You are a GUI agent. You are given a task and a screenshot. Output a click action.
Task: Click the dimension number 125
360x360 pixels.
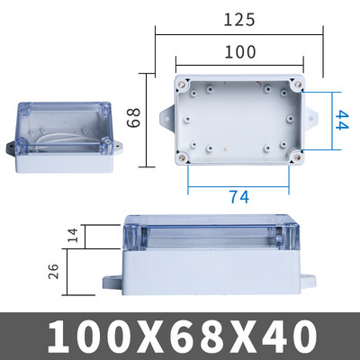[x=239, y=20]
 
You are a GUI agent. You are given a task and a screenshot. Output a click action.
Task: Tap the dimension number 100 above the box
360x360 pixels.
[x=240, y=52]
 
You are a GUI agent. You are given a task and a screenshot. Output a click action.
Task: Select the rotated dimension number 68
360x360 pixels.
[x=133, y=118]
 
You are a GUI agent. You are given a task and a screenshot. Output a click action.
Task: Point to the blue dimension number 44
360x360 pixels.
[x=341, y=120]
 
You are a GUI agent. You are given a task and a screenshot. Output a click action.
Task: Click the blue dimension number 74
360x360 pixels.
[x=239, y=197]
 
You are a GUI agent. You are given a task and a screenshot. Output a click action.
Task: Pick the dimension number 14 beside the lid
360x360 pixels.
[x=72, y=235]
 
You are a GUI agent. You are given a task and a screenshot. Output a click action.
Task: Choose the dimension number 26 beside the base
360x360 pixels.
[x=53, y=271]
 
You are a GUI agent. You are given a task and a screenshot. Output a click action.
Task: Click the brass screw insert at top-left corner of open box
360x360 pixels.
[x=182, y=84]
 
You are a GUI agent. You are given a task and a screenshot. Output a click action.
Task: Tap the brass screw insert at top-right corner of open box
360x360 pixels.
[x=298, y=84]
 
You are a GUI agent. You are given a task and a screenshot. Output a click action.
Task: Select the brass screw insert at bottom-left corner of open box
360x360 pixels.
[x=182, y=157]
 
